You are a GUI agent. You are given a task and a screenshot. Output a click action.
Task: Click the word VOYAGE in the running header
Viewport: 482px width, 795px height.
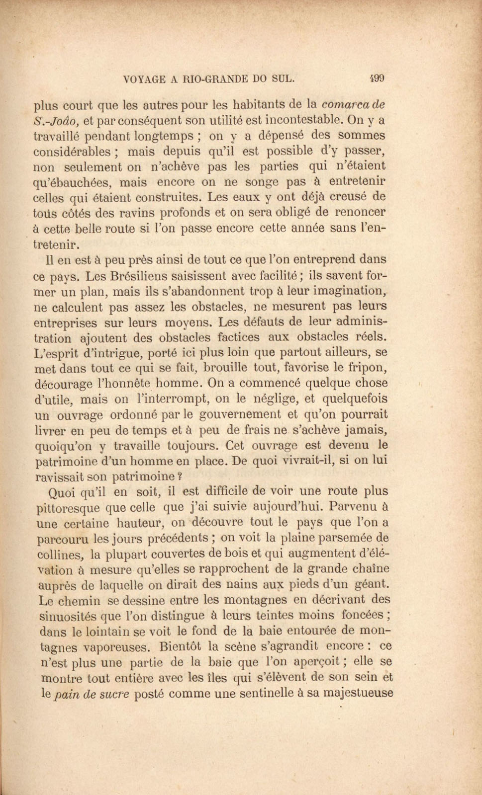144,79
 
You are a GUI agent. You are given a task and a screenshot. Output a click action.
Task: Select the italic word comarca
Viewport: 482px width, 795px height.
345,104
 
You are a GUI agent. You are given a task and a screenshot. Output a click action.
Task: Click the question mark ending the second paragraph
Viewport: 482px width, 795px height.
180,476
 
